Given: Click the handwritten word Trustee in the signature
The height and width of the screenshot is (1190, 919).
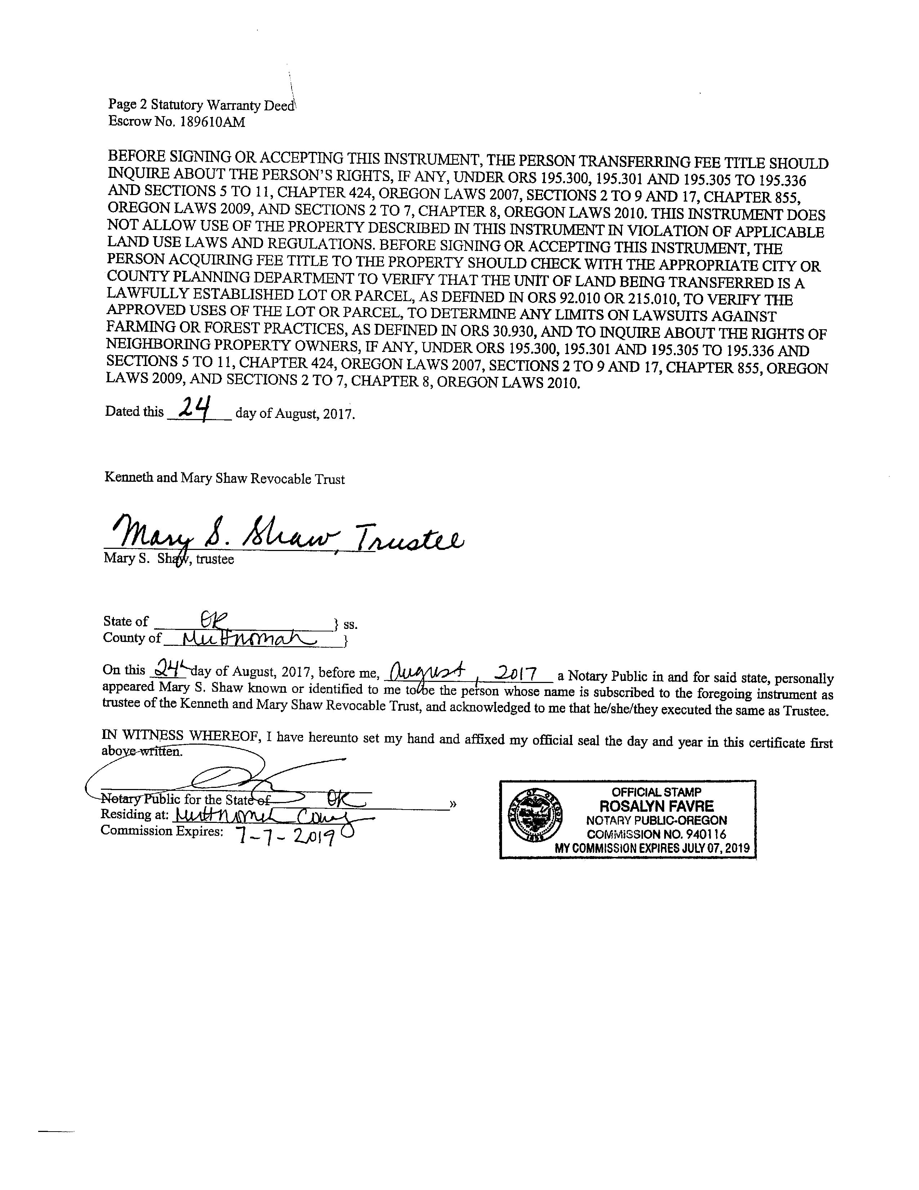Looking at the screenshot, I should (408, 538).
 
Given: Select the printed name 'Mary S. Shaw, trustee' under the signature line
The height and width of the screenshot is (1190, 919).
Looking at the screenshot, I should (169, 559).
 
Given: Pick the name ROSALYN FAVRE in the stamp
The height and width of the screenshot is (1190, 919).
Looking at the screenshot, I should (656, 806).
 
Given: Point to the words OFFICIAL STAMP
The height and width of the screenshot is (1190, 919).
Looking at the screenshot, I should (656, 792).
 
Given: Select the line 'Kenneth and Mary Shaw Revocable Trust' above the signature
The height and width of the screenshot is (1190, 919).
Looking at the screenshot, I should (224, 479).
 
